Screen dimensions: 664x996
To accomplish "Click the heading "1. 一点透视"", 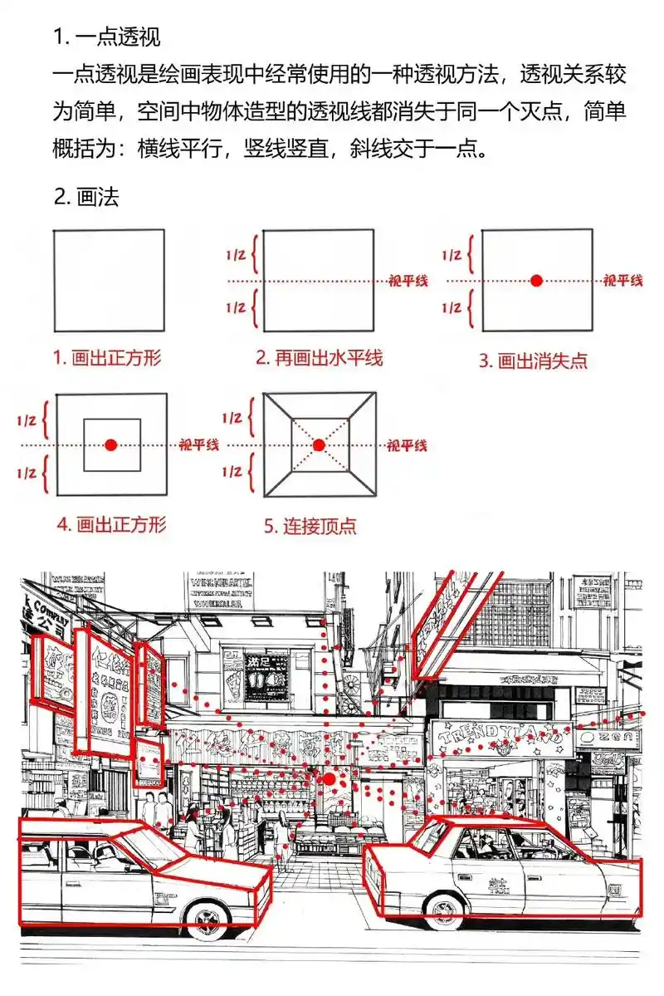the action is pos(107,37).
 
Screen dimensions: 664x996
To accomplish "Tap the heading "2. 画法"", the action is pos(86,197).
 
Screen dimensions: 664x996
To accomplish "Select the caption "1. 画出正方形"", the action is pos(107,358).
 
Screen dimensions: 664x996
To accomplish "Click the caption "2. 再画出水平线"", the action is pos(319,358).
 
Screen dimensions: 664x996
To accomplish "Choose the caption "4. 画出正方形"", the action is pos(111,524).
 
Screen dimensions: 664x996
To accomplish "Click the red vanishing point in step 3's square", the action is pos(537,281).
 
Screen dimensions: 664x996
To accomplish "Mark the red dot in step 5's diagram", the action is pos(319,445).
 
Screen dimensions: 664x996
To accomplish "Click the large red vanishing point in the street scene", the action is pos(330,779).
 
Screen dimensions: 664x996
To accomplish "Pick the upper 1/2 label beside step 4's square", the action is pos(26,420).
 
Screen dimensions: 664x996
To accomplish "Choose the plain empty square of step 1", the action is pos(109,280).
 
